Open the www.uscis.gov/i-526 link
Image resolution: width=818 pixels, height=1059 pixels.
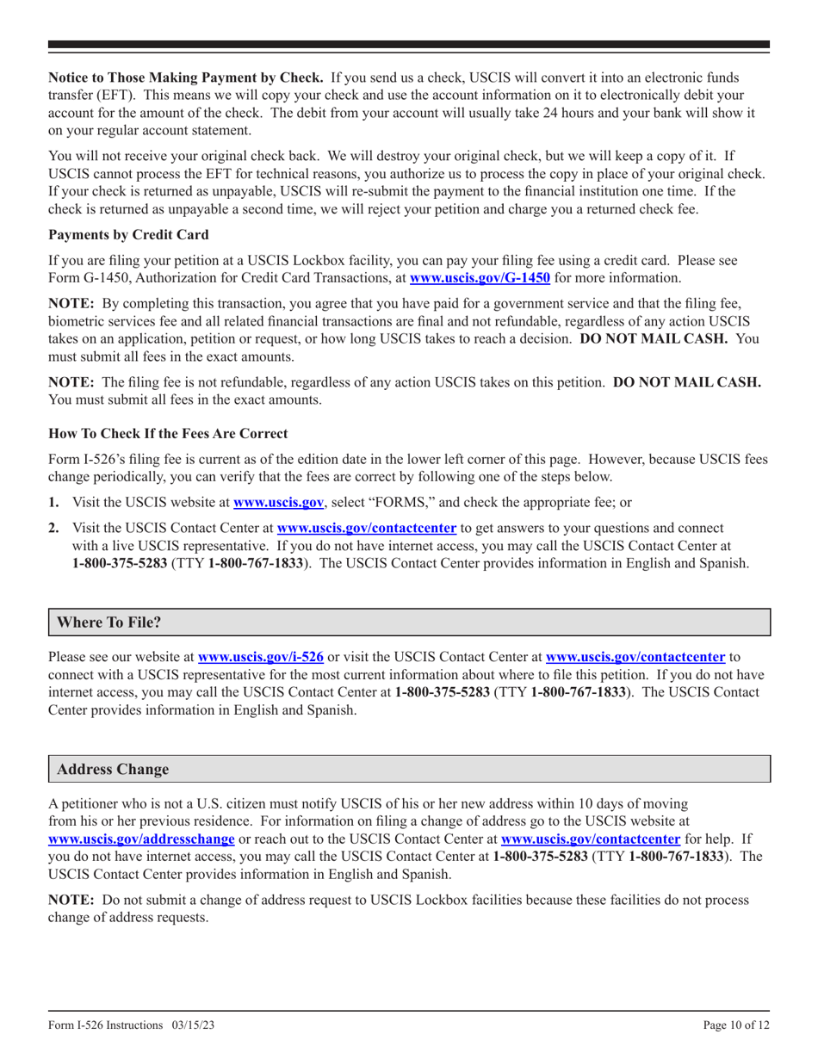260,656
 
